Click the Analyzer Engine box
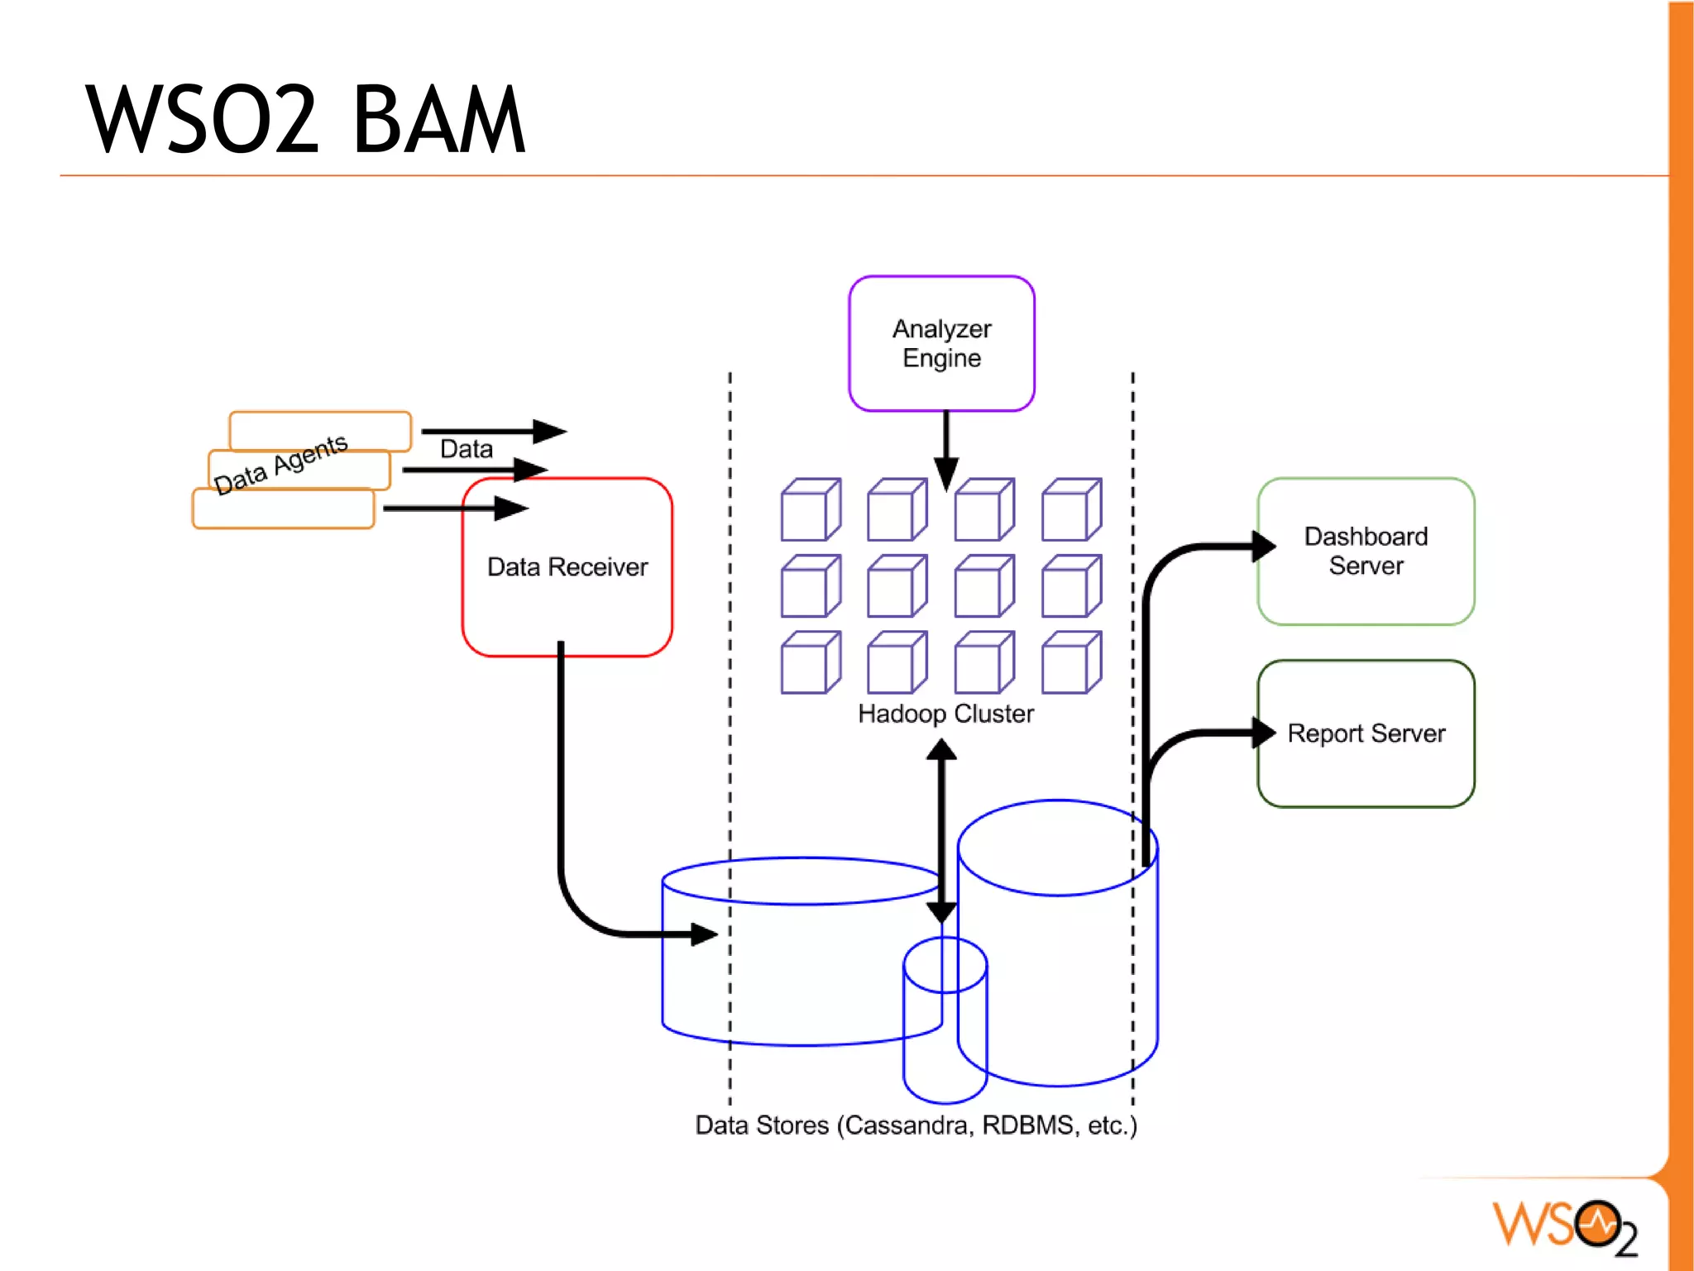[x=941, y=343]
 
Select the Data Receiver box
[x=567, y=567]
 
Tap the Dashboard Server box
[x=1366, y=551]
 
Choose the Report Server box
[x=1366, y=733]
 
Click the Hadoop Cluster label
[x=945, y=714]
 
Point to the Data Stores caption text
[x=916, y=1125]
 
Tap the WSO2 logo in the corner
[x=1563, y=1226]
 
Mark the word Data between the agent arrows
[x=466, y=449]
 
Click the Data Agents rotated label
[x=280, y=464]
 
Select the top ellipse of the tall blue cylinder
[x=1057, y=847]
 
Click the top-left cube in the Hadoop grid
[x=810, y=509]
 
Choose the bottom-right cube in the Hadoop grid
[x=1071, y=662]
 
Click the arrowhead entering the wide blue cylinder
[x=703, y=934]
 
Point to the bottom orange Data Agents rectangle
[x=283, y=509]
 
